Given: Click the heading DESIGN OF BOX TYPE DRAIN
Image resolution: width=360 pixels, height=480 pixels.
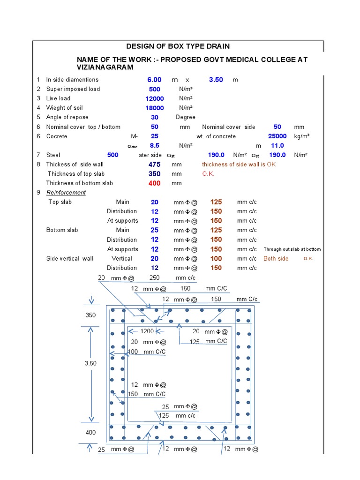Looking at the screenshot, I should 178,46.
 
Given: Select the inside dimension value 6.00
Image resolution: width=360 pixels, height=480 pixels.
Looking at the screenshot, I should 154,80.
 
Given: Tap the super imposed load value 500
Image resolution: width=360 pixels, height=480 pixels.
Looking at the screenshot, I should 154,89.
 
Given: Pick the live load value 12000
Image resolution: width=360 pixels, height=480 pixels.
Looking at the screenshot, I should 154,98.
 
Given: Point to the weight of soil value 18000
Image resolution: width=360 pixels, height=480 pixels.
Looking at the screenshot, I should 154,108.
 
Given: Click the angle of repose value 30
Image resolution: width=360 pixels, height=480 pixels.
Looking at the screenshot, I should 154,117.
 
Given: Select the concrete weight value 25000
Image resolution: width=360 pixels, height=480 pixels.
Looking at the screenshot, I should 277,136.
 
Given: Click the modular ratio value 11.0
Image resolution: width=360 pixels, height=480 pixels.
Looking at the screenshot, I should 277,145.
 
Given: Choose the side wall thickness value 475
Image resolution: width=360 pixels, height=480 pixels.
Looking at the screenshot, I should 154,165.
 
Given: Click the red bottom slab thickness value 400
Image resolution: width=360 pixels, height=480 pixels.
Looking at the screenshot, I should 154,183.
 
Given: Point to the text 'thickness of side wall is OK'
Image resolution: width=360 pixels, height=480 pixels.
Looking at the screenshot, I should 239,165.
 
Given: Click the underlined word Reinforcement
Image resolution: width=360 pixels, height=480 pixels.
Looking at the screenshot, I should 66,193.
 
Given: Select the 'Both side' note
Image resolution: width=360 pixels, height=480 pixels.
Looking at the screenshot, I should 276,259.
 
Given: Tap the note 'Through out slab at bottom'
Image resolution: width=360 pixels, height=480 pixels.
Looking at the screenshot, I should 292,249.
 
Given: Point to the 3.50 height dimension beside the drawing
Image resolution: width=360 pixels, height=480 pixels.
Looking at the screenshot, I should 91,363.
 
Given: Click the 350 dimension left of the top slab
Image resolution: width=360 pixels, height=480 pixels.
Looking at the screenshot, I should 90,315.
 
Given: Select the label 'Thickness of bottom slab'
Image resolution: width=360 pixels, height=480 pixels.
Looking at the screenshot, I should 80,183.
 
